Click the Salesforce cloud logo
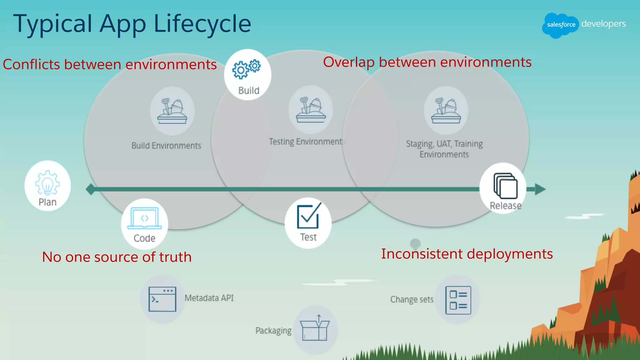pyautogui.click(x=560, y=25)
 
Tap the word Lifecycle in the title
pyautogui.click(x=202, y=24)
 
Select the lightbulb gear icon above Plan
pyautogui.click(x=47, y=183)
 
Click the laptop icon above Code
pyautogui.click(x=144, y=218)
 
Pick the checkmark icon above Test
pyautogui.click(x=308, y=216)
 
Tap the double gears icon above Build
pyautogui.click(x=246, y=69)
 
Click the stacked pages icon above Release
pyautogui.click(x=505, y=186)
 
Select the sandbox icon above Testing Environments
pyautogui.click(x=311, y=110)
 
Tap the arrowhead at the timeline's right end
pyautogui.click(x=540, y=189)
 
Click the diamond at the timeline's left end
pyautogui.click(x=91, y=189)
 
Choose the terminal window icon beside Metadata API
pyautogui.click(x=162, y=299)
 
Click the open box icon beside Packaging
pyautogui.click(x=315, y=328)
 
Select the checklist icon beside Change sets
pyautogui.click(x=458, y=300)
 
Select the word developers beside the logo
pyautogui.click(x=603, y=24)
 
